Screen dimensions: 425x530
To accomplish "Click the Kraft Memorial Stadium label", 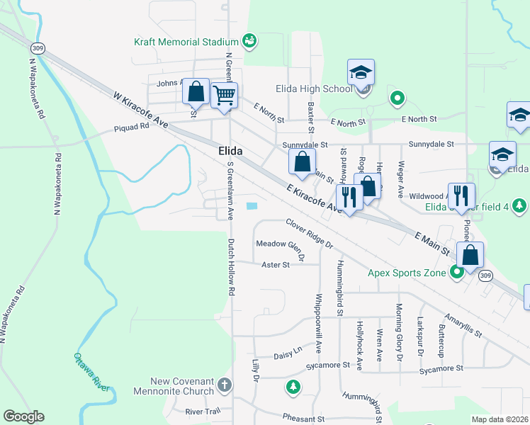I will click(x=186, y=42).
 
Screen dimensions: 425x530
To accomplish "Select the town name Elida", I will click(x=230, y=152).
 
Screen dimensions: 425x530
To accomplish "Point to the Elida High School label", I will click(x=313, y=89).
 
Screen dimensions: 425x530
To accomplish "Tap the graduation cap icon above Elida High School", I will click(x=361, y=72).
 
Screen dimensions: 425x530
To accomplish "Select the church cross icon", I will click(x=224, y=386).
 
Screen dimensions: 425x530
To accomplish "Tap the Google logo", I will click(x=23, y=416).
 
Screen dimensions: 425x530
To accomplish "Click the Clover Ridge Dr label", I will click(x=309, y=233).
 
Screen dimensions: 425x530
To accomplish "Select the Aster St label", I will click(x=276, y=265).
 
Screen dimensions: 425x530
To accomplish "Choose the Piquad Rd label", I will click(x=132, y=128).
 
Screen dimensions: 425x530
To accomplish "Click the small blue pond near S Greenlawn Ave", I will click(x=252, y=206).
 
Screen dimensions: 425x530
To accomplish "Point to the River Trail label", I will click(x=203, y=411).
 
